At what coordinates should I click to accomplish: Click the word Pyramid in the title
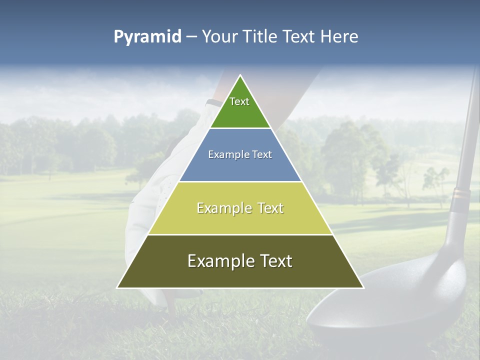pos(147,37)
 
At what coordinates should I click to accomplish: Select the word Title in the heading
pos(262,37)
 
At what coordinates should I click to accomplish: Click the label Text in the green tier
pos(239,101)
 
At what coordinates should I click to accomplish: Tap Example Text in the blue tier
pos(240,154)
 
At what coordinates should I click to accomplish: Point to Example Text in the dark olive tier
pos(240,261)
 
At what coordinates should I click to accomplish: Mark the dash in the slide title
pos(191,37)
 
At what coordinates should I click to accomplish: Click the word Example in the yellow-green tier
pos(218,208)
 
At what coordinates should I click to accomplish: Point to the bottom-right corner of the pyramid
pos(363,287)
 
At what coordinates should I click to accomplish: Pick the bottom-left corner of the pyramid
pos(117,287)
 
